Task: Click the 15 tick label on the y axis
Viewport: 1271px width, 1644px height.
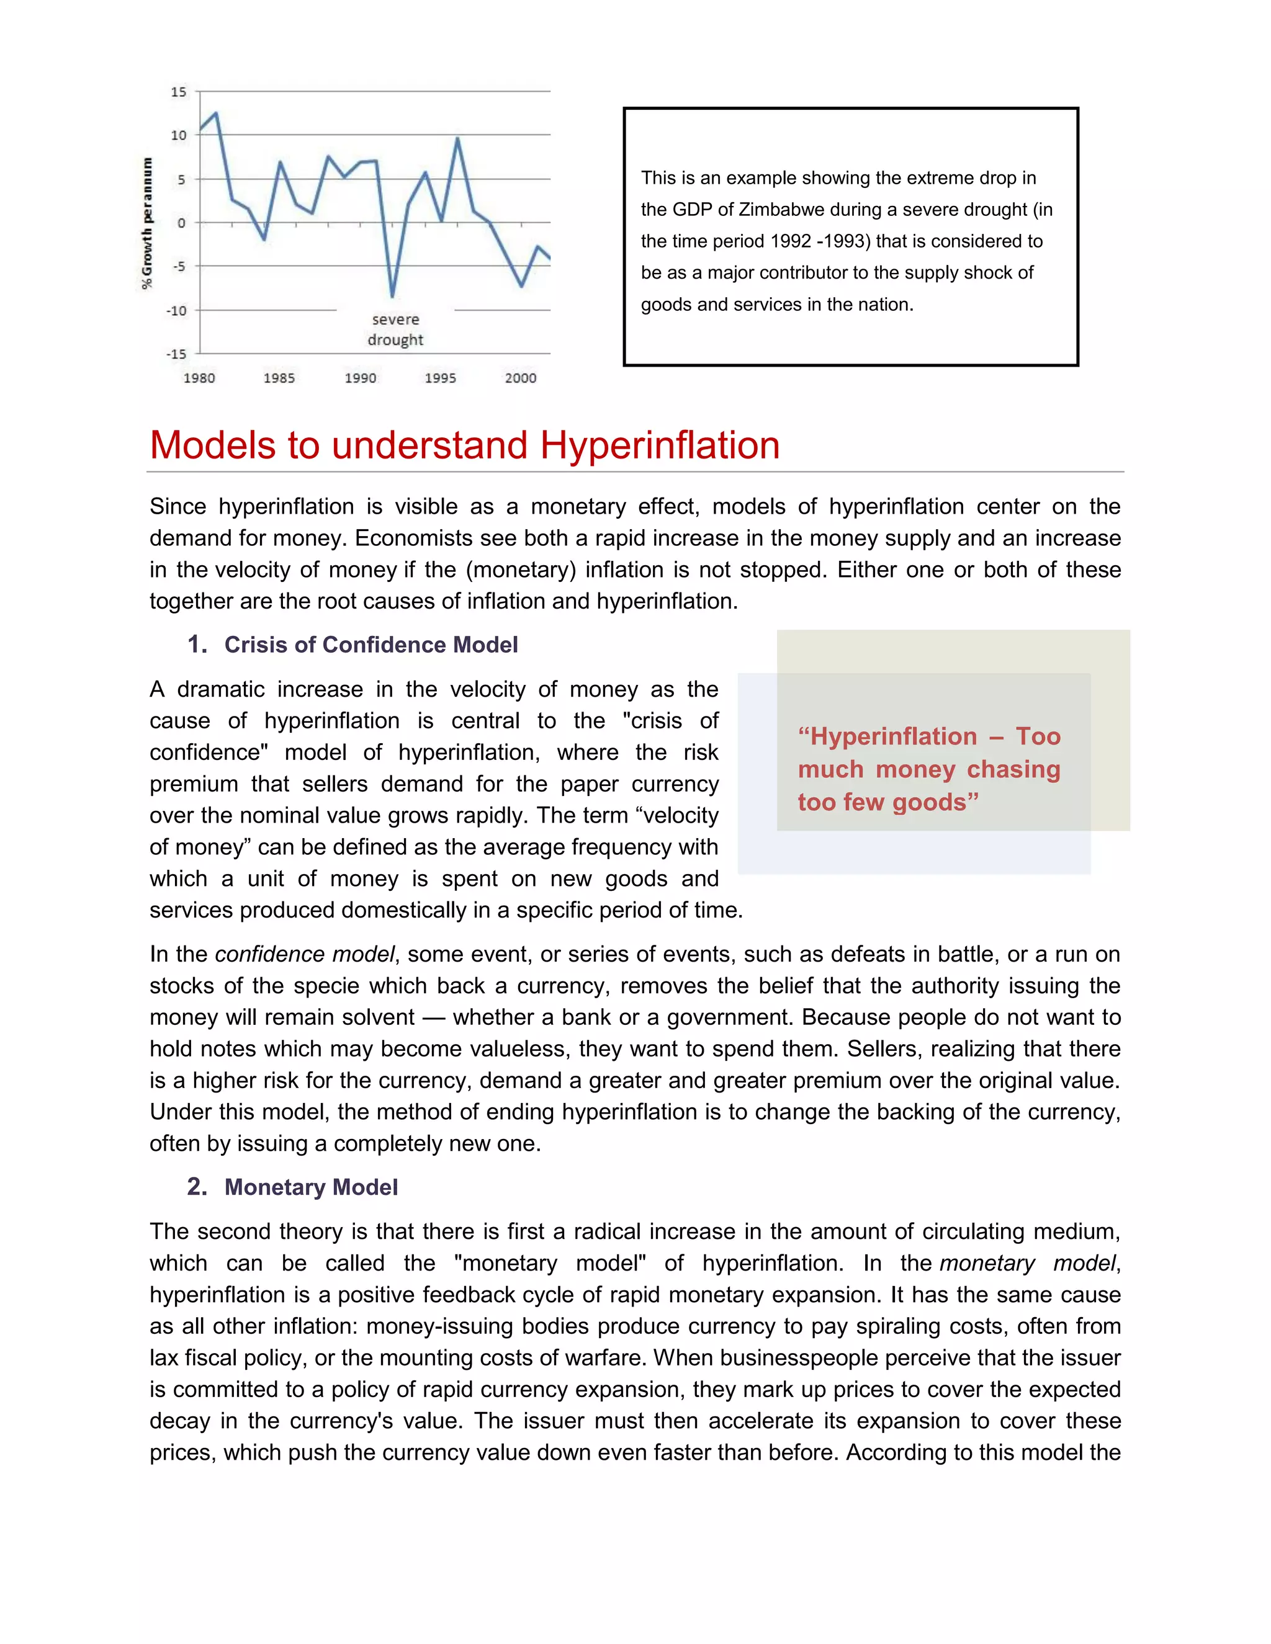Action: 179,92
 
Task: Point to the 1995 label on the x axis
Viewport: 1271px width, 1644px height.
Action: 441,378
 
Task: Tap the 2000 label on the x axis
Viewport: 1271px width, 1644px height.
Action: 520,378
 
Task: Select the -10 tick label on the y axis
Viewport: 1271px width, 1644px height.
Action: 177,310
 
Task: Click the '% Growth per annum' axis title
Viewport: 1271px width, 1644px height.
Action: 148,223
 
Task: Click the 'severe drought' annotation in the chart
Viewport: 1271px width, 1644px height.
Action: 395,329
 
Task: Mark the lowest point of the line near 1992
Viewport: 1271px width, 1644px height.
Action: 392,296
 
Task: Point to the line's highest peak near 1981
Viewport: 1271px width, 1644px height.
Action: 216,114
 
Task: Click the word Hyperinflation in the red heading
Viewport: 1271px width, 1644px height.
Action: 660,445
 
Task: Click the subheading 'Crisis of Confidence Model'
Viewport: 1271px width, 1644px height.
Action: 371,645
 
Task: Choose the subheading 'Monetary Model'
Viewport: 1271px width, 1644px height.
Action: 311,1187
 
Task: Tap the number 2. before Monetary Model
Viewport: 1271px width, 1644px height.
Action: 197,1187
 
